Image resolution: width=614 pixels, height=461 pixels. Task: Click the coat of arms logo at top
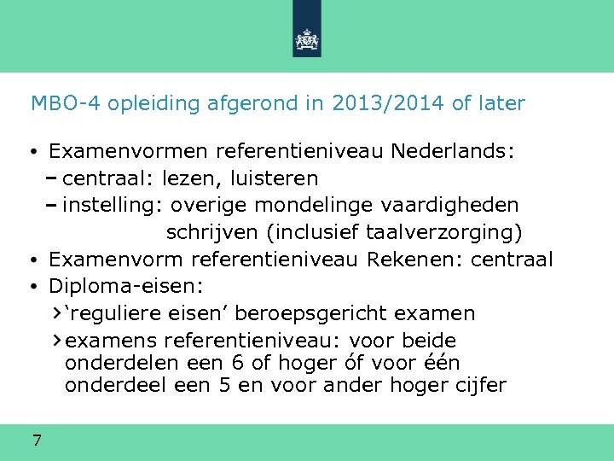point(307,39)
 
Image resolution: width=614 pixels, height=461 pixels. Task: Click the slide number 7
point(37,441)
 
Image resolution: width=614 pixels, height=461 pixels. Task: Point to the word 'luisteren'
point(277,178)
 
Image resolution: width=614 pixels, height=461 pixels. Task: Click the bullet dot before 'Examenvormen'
point(32,153)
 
